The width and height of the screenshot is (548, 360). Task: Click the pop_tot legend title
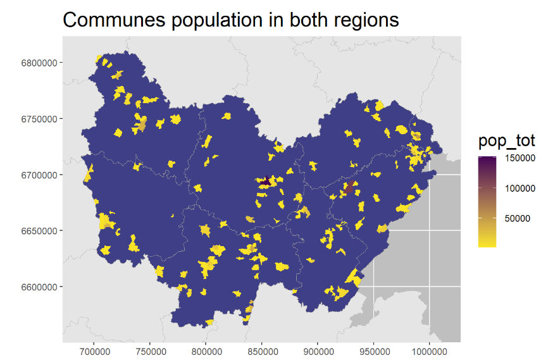(x=506, y=140)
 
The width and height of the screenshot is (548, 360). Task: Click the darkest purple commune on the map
(x=265, y=182)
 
